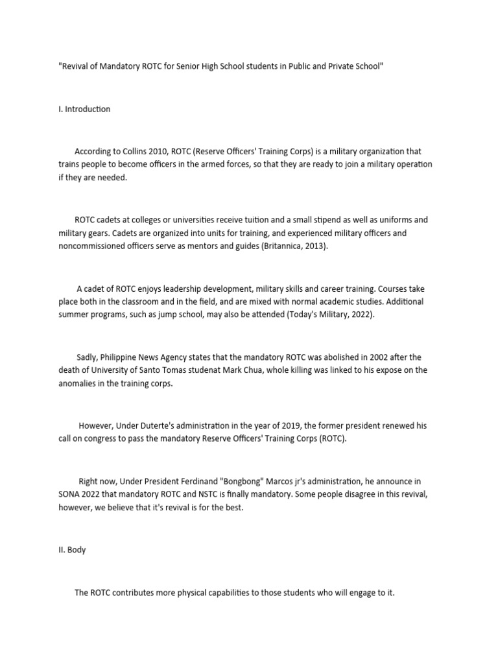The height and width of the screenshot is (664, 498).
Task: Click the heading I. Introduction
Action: click(84, 109)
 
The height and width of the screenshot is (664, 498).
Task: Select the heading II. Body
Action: click(72, 550)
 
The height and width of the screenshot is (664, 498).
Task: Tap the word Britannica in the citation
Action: click(286, 246)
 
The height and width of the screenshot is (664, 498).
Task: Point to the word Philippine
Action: click(130, 357)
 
